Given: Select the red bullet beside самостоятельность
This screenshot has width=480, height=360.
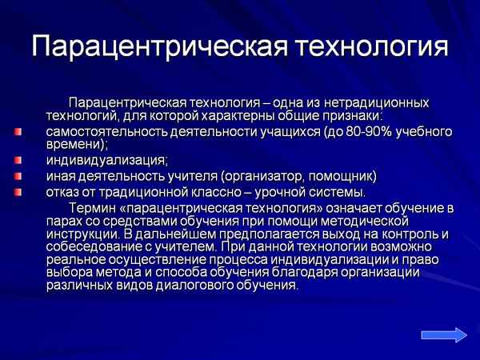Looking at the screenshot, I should tap(18, 131).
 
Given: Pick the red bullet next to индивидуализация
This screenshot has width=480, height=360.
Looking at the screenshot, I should tap(18, 161).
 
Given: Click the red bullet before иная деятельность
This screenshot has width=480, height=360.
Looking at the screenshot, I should tap(18, 176).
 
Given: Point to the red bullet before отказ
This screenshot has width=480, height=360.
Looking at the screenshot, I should tap(18, 192).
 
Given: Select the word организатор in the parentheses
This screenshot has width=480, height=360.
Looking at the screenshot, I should tap(272, 176).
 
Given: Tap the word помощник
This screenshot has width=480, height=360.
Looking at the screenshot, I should tap(345, 176).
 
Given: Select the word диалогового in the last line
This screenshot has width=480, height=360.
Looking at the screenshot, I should tap(183, 285).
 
